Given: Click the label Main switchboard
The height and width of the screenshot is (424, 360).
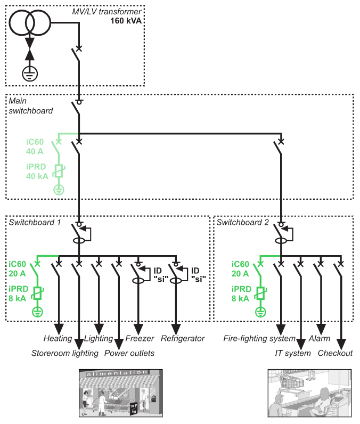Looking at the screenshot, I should click(30, 106).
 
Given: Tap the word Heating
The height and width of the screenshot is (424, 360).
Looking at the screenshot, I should click(58, 339).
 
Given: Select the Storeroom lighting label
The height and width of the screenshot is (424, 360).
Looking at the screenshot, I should click(65, 353).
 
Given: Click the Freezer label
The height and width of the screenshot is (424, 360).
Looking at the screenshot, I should click(140, 339).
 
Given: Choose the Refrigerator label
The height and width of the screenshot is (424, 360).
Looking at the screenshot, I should click(183, 339).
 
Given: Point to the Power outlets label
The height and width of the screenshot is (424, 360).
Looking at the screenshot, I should click(129, 353).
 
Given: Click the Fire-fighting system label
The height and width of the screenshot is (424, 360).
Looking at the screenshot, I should click(259, 339).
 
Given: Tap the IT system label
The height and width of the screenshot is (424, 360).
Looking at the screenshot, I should click(292, 353).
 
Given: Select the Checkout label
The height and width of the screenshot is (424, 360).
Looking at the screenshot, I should click(335, 353).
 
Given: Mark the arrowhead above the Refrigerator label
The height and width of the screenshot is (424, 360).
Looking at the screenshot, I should click(177, 325).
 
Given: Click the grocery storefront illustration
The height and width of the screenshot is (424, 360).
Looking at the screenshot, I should click(121, 393).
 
